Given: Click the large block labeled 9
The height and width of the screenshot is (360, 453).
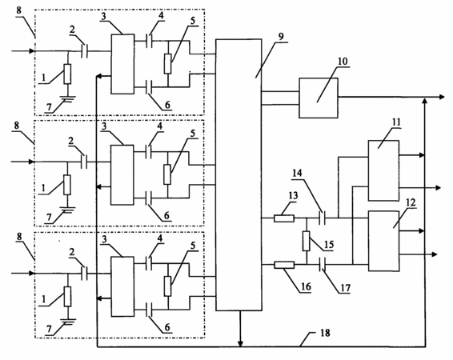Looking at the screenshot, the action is click(x=239, y=174).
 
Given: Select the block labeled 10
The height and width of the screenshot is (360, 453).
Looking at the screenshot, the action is click(x=319, y=98).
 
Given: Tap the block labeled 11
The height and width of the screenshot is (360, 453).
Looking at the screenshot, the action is click(x=383, y=170).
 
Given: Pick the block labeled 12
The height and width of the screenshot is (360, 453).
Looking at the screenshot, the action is click(x=383, y=241).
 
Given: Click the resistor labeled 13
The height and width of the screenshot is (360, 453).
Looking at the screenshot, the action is click(x=284, y=218).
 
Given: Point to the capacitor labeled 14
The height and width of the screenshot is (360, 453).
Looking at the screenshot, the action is click(x=323, y=218).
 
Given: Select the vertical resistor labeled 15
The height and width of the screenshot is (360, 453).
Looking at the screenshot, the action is click(x=307, y=241).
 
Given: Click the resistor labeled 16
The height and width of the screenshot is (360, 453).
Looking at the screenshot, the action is click(x=284, y=265).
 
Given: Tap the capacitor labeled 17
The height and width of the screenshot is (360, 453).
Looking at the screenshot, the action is click(x=323, y=265).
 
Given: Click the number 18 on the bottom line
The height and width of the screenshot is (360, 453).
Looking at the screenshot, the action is click(x=325, y=333).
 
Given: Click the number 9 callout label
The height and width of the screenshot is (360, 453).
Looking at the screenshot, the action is click(x=281, y=37).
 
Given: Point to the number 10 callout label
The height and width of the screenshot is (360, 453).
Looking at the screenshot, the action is click(x=343, y=62).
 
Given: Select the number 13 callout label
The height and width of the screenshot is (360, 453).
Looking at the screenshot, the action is click(x=293, y=196).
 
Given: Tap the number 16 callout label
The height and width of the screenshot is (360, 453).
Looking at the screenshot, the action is click(x=306, y=286).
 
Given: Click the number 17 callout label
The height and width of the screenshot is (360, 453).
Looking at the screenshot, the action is click(x=345, y=288).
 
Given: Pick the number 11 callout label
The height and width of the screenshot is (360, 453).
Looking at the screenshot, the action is click(x=396, y=122).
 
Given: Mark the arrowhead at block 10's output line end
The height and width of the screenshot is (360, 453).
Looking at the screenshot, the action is click(x=442, y=97).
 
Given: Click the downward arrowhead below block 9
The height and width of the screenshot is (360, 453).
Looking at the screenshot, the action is click(x=240, y=343).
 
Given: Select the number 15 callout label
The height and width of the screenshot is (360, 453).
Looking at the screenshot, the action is click(x=329, y=245).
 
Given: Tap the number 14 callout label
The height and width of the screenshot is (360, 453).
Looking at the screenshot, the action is click(x=297, y=173).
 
